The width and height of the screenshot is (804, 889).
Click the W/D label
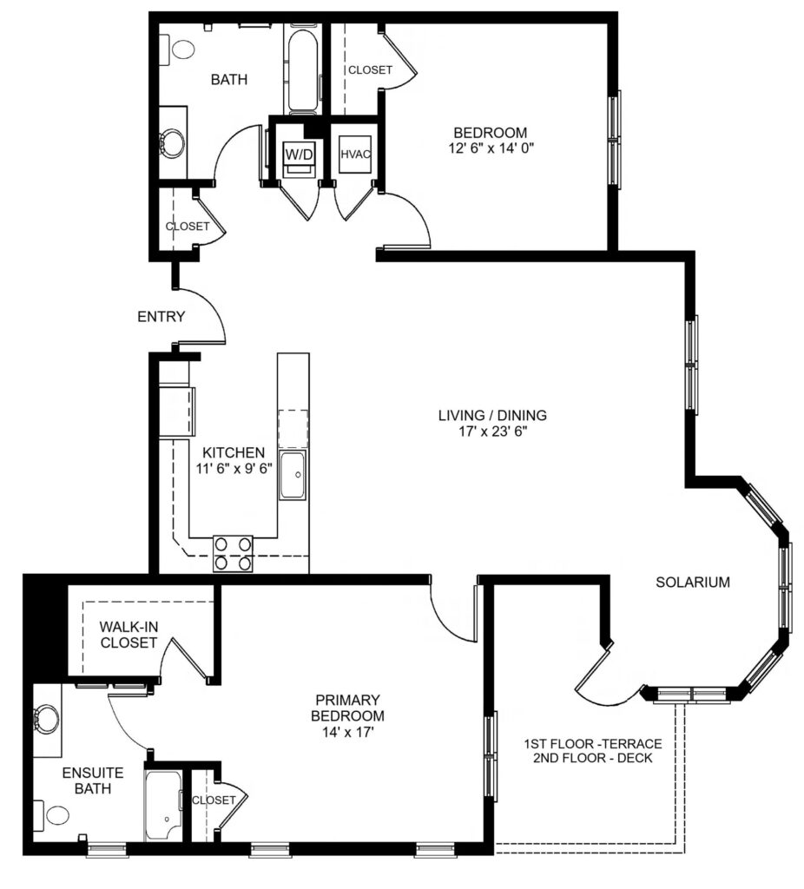tap(298, 154)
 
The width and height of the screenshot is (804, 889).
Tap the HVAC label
tap(355, 155)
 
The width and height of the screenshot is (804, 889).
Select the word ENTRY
tap(161, 316)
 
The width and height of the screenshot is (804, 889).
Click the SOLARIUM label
tap(693, 583)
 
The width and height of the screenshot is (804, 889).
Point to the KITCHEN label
tap(234, 452)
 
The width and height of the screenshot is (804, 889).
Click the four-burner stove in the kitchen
tap(233, 553)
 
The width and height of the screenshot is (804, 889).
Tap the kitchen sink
tap(293, 475)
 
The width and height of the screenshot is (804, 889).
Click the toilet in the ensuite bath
tap(51, 815)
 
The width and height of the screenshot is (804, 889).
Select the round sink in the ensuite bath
tap(47, 718)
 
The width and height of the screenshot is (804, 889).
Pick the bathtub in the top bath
tap(302, 70)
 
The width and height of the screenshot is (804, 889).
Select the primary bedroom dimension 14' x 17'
tap(348, 732)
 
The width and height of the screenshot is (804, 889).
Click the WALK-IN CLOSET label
tap(129, 635)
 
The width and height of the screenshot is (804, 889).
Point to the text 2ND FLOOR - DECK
tap(592, 758)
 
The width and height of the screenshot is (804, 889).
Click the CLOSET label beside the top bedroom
tap(370, 69)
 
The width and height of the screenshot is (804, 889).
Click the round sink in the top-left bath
tap(171, 142)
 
